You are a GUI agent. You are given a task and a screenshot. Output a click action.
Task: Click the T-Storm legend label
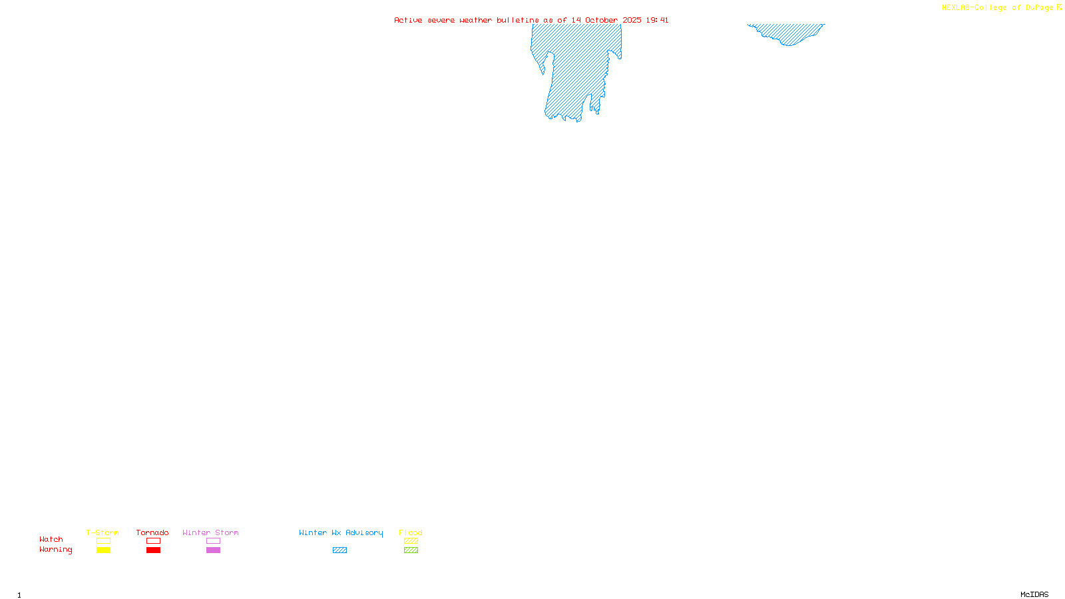pyautogui.click(x=103, y=532)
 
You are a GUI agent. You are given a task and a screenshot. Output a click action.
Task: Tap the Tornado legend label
pyautogui.click(x=152, y=532)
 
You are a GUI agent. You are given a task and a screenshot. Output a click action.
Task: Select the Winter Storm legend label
pyautogui.click(x=210, y=532)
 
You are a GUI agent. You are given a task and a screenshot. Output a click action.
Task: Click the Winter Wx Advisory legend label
pyautogui.click(x=341, y=532)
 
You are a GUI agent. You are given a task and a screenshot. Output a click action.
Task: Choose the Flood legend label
pyautogui.click(x=411, y=532)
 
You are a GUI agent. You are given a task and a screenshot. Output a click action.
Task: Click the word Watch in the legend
pyautogui.click(x=51, y=539)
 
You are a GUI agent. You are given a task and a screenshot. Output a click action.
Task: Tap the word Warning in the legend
pyautogui.click(x=56, y=550)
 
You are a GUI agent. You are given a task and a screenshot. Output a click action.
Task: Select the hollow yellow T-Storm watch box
pyautogui.click(x=103, y=541)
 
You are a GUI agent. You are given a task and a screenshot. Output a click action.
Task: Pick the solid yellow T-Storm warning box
pyautogui.click(x=103, y=550)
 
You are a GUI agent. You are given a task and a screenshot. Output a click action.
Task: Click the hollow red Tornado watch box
pyautogui.click(x=153, y=541)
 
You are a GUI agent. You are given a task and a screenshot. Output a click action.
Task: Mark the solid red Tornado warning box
pyautogui.click(x=153, y=550)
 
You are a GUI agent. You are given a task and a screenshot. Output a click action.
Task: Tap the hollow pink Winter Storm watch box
pyautogui.click(x=213, y=541)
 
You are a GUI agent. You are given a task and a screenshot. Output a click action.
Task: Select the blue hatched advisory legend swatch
pyautogui.click(x=339, y=550)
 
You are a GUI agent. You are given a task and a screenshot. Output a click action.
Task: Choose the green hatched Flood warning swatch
pyautogui.click(x=411, y=550)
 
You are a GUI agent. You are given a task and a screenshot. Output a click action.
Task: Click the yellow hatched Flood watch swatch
pyautogui.click(x=411, y=541)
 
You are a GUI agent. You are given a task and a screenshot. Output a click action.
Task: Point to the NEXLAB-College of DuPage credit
pyautogui.click(x=1001, y=8)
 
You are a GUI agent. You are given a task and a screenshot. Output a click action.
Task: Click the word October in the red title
pyautogui.click(x=601, y=20)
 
